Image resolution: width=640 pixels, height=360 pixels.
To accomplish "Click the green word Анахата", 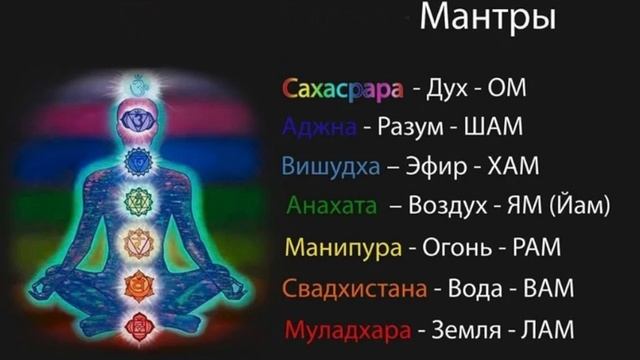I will pos(332,206).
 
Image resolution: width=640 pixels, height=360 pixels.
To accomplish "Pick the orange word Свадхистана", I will pos(354,289).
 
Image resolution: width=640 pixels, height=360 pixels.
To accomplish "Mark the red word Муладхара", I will pos(349,328).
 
